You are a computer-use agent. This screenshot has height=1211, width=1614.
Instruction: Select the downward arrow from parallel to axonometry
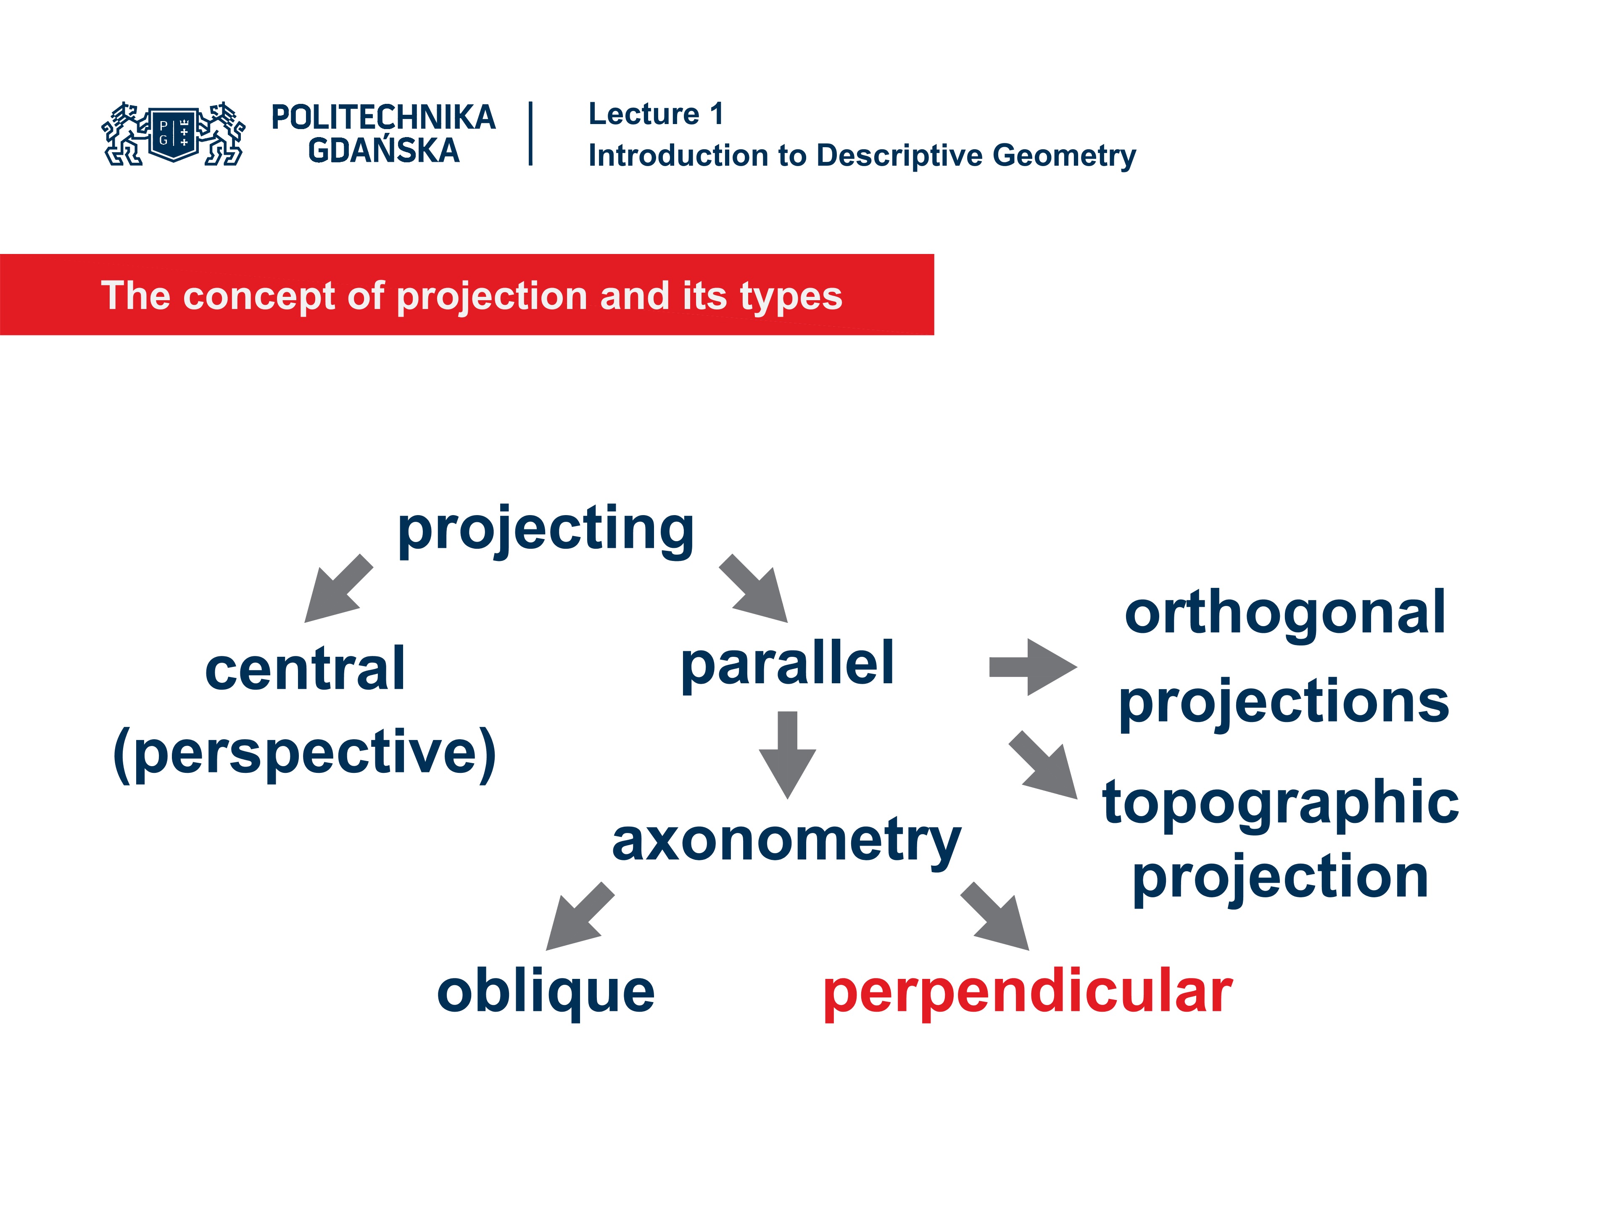coord(787,754)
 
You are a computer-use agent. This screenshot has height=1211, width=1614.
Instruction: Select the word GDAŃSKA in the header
coord(384,151)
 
